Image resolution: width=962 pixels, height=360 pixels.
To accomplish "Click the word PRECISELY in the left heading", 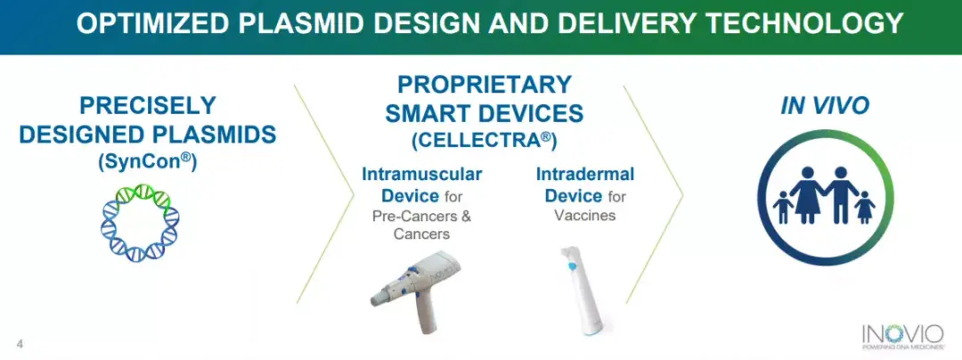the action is point(148,106).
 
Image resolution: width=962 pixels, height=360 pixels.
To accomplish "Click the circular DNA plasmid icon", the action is point(141,223).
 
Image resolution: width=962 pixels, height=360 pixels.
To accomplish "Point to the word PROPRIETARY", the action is point(485,84).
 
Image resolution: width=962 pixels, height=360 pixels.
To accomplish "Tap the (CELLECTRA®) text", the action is point(484,140).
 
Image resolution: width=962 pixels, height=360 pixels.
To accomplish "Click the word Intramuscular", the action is point(422,174).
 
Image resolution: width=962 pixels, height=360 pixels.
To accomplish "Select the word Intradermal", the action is point(585,174).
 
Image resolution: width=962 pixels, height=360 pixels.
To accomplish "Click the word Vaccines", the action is point(585,216).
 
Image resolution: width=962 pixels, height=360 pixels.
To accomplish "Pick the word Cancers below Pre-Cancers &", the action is point(421,234).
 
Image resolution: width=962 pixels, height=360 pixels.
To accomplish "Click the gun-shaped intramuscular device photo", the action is point(415,290).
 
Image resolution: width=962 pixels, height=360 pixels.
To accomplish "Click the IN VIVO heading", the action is point(825,106).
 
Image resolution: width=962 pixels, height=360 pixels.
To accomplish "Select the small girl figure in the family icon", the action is point(865,207).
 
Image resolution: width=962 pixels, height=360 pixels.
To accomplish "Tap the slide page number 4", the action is point(20,344).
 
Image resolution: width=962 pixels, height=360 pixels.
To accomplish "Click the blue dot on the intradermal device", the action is point(573,266).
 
